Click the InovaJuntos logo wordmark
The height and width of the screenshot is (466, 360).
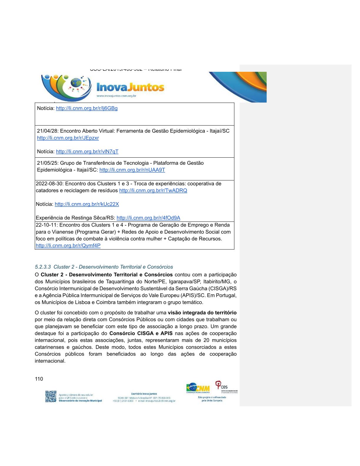click(x=130, y=87)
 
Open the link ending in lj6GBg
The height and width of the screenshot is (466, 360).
click(x=86, y=108)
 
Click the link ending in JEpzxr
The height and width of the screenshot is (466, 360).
click(x=68, y=138)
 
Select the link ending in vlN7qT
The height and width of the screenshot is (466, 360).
click(x=87, y=152)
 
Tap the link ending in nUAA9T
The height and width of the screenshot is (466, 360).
click(x=132, y=170)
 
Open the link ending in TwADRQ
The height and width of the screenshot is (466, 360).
click(x=153, y=191)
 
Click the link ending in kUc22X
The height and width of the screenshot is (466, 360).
click(x=87, y=204)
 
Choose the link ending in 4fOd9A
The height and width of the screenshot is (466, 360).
click(x=148, y=218)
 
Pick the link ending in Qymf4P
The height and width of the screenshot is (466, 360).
click(x=68, y=246)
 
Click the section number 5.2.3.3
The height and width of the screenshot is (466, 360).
click(x=43, y=267)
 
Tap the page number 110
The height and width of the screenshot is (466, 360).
click(x=39, y=379)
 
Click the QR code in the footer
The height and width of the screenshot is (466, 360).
click(x=51, y=396)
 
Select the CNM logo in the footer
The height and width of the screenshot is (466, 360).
click(x=198, y=388)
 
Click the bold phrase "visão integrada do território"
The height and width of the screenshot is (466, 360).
click(x=202, y=313)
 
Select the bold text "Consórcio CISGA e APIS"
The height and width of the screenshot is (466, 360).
click(x=141, y=333)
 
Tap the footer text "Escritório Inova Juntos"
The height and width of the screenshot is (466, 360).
click(x=144, y=394)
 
